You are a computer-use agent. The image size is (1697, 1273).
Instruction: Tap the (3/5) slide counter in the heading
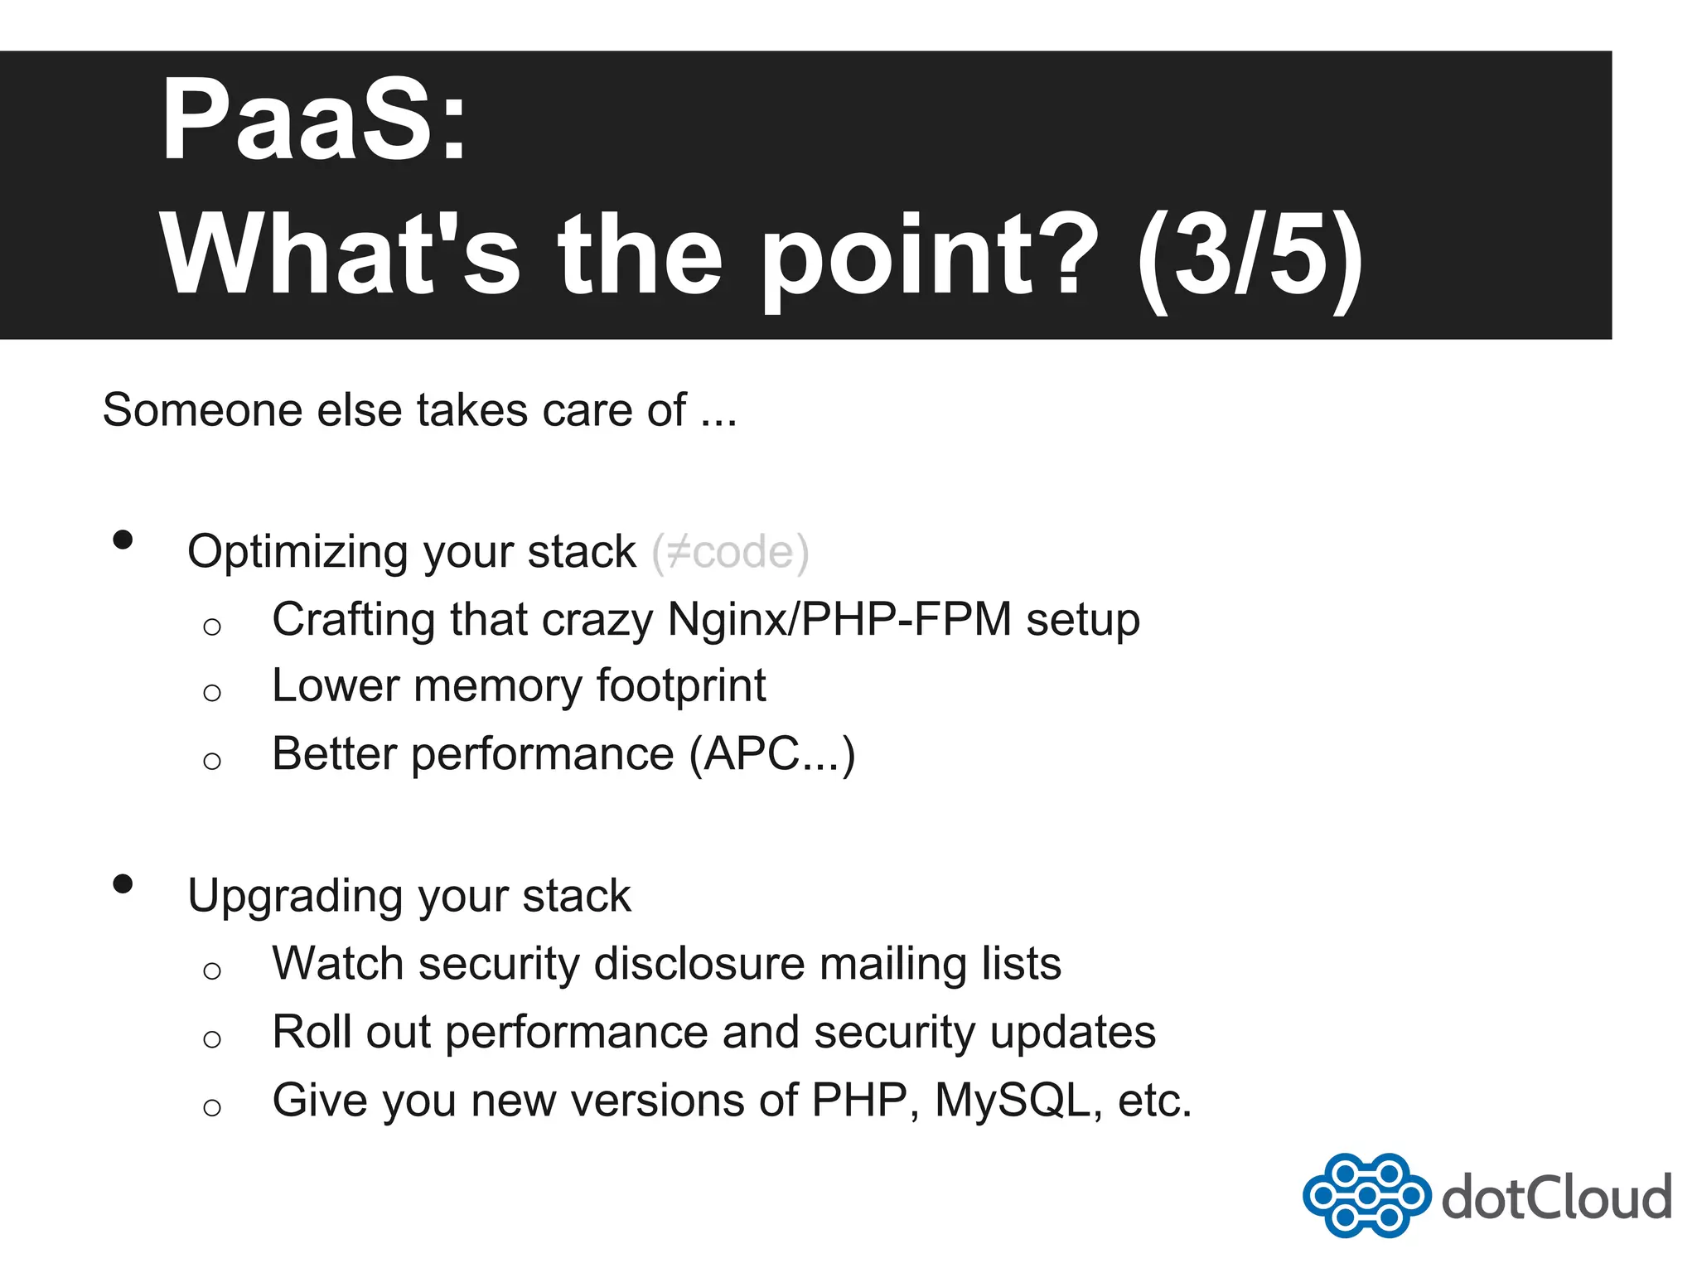[1250, 255]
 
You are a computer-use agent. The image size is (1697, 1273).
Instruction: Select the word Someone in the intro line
[202, 410]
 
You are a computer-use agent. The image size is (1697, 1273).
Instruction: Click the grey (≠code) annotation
[730, 552]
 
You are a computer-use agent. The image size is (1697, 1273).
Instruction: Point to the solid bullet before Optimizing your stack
[123, 540]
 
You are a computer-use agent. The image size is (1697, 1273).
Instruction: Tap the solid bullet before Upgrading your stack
[123, 884]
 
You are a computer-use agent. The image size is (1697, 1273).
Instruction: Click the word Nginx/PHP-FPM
[839, 620]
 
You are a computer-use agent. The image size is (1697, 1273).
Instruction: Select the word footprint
[680, 687]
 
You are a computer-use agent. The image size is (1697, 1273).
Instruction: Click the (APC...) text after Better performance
[772, 754]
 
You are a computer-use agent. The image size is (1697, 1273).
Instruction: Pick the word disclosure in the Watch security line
[699, 965]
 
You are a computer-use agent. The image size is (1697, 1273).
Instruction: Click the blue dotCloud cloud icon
[1366, 1195]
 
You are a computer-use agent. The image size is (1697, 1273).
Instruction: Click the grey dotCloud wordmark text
[1556, 1198]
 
